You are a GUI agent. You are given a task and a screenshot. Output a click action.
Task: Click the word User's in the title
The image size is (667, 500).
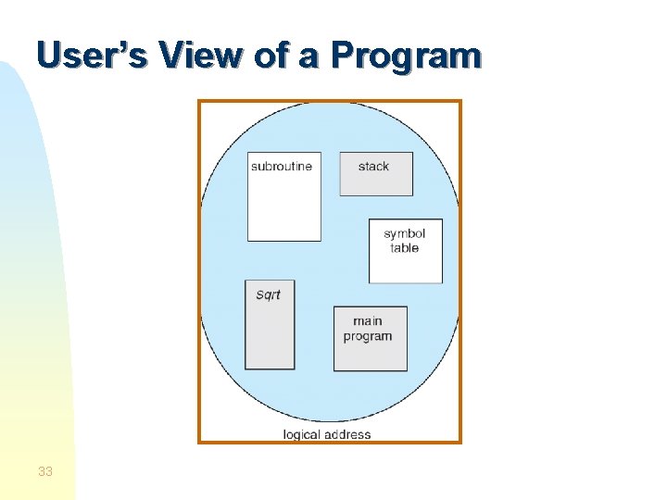point(94,56)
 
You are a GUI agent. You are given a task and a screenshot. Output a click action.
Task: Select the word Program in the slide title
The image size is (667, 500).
point(406,57)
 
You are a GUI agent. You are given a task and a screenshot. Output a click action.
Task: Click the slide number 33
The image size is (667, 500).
point(45,472)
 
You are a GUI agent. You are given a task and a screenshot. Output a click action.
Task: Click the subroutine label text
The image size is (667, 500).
point(282,167)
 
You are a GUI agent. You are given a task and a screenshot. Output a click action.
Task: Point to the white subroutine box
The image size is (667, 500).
point(283,208)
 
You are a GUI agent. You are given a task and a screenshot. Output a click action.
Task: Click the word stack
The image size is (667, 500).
point(373,167)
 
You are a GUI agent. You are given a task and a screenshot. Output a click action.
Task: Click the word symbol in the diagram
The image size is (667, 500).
point(405,233)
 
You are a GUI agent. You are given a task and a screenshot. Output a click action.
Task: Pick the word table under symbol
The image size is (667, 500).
point(405,248)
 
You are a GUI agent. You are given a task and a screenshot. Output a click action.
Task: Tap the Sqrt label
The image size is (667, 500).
point(268,295)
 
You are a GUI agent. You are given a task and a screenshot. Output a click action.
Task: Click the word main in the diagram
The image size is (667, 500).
point(368,321)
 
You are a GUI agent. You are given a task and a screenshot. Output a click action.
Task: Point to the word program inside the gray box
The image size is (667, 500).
point(368,336)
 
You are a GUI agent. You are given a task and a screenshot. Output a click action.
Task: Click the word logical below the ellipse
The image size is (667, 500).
point(303,434)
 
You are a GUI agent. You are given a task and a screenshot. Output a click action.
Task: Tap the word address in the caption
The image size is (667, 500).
point(348,434)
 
